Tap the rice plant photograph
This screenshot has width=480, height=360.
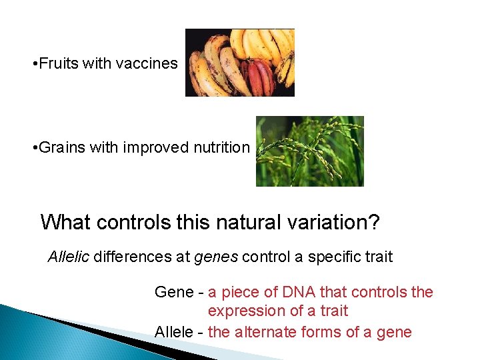coord(310,151)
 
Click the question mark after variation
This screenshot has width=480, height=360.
coord(373,222)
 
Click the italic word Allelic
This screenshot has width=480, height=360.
coord(68,257)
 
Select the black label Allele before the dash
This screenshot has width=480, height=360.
coord(173,332)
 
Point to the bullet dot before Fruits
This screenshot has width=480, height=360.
coord(34,65)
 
